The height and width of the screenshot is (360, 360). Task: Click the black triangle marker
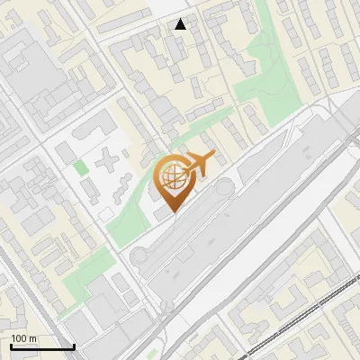(x=181, y=24)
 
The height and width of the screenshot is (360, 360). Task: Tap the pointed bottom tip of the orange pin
(x=172, y=212)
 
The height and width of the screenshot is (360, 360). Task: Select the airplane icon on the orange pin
(x=199, y=165)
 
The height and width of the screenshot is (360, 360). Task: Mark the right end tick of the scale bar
(x=73, y=345)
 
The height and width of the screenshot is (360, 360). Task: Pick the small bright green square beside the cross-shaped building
(x=81, y=166)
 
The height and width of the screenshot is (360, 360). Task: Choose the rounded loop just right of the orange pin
(x=221, y=188)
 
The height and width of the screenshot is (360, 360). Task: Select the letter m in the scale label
(x=33, y=339)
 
